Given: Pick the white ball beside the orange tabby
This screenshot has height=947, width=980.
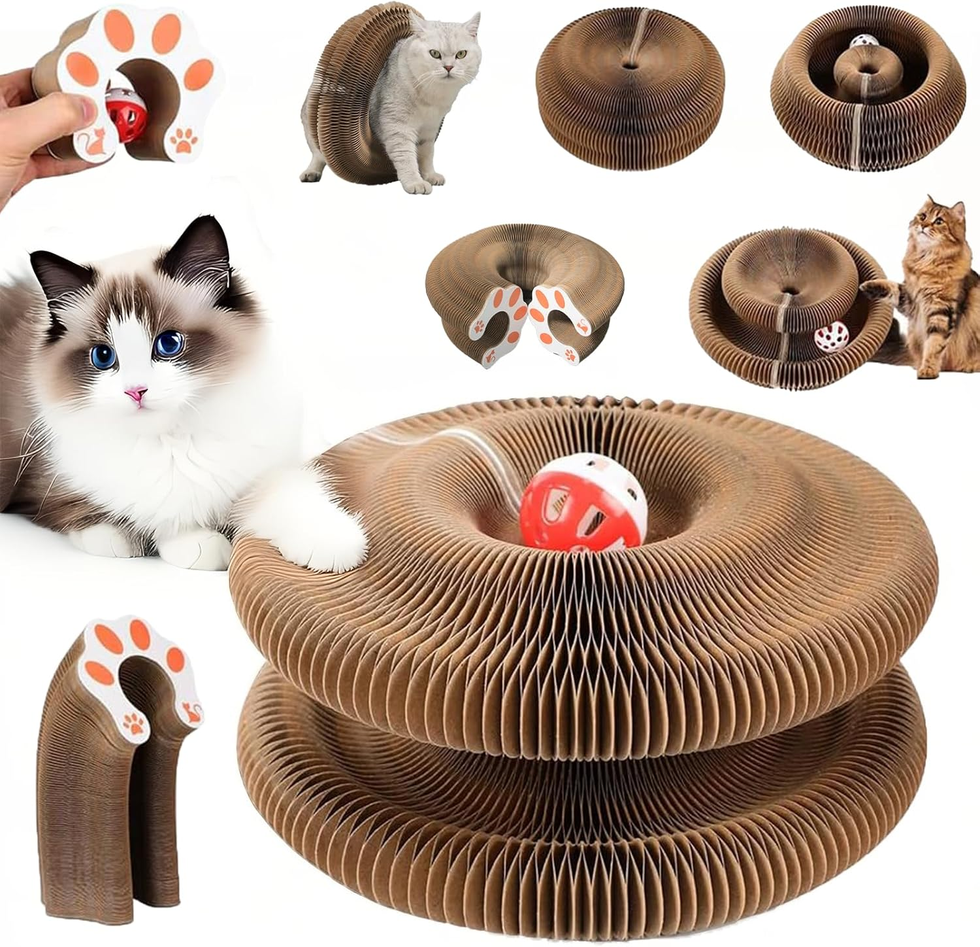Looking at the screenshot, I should [828, 339].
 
